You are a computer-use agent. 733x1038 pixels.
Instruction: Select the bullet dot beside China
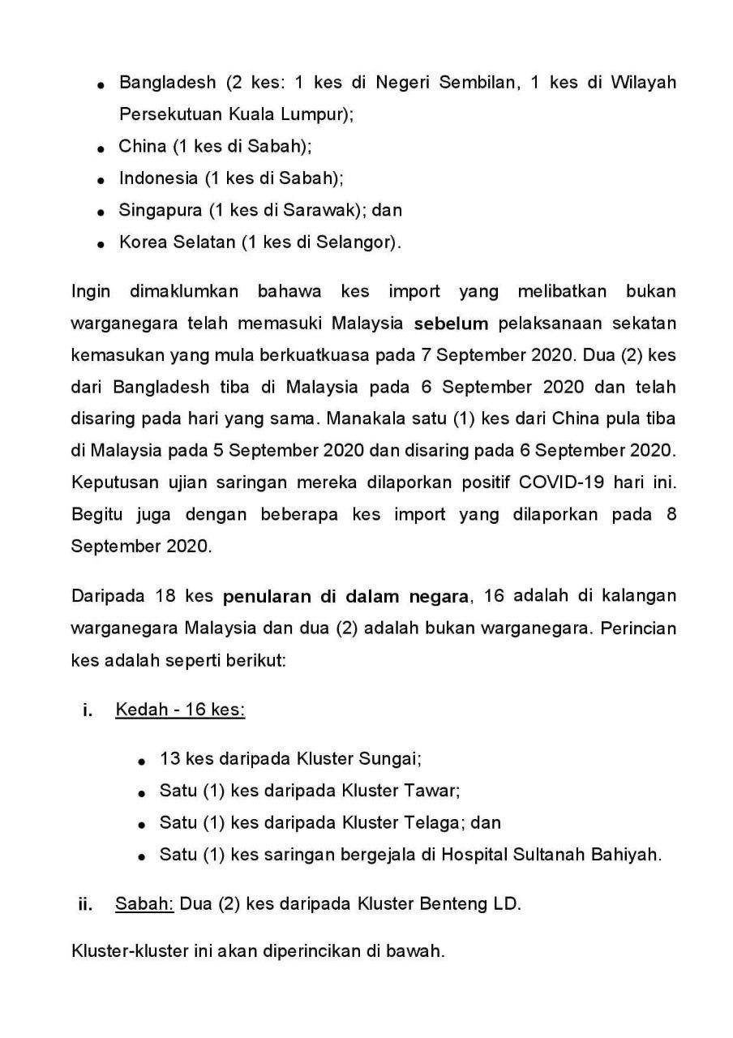[101, 149]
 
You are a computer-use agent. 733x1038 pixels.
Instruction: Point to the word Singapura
[160, 210]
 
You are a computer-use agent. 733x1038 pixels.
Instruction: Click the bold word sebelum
[452, 324]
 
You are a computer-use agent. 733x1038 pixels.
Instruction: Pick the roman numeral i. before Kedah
[88, 711]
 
